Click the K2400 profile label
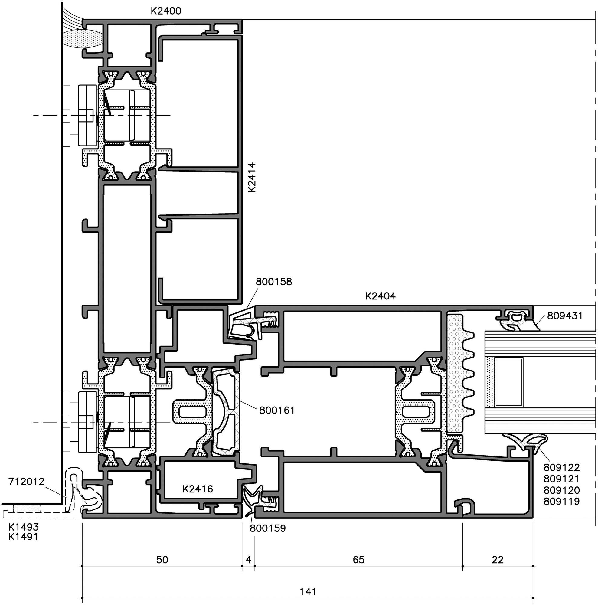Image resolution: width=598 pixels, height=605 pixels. (x=166, y=11)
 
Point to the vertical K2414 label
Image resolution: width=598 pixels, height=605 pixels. (x=252, y=177)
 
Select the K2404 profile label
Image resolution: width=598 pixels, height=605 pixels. (x=381, y=296)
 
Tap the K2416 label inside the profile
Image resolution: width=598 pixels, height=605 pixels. (x=198, y=489)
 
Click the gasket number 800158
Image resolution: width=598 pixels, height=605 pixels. (x=274, y=282)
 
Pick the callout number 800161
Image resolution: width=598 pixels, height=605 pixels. (x=277, y=410)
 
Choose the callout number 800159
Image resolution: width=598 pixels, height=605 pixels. (x=268, y=528)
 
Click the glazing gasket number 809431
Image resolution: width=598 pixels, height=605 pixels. (x=565, y=316)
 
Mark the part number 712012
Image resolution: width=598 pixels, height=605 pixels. (x=27, y=481)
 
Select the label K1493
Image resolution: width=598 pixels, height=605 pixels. (x=23, y=527)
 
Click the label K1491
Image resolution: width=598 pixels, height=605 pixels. (x=23, y=537)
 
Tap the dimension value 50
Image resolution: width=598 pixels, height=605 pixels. (x=162, y=560)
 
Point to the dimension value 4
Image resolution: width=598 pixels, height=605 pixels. (x=248, y=560)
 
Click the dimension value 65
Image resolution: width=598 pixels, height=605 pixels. (x=358, y=560)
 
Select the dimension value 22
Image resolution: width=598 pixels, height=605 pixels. (x=498, y=560)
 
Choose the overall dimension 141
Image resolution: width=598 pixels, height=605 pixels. (x=308, y=591)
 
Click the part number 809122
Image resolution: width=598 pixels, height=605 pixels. (x=562, y=468)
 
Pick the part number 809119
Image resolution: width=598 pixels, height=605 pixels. (x=562, y=501)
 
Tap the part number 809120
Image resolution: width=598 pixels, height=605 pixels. (x=562, y=490)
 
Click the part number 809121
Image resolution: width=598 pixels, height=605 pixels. (x=562, y=479)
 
